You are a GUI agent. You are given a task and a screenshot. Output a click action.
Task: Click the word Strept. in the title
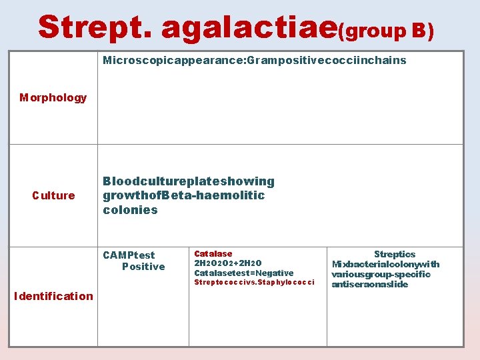(95, 27)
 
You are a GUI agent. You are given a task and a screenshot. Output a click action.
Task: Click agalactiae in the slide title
(249, 29)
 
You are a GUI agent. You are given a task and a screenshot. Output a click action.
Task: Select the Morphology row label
(53, 98)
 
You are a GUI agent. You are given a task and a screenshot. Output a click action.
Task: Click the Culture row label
(53, 195)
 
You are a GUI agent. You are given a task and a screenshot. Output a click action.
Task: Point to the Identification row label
(53, 296)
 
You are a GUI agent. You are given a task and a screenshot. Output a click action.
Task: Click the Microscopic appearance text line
(254, 61)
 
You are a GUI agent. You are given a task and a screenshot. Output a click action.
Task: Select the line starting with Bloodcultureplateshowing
(189, 181)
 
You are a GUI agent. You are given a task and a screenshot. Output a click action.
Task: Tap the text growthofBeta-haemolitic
(184, 195)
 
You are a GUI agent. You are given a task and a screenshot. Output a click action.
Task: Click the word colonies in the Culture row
(130, 210)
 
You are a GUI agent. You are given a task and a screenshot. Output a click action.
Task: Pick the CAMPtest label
(129, 255)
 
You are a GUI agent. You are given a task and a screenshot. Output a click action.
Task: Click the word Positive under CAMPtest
(143, 267)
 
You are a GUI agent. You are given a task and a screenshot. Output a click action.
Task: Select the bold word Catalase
(213, 253)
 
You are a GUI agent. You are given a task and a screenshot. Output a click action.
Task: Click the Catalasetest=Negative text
(243, 273)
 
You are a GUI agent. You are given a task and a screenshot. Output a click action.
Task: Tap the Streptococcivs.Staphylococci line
(254, 283)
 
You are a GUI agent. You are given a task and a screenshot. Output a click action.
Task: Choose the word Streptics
(395, 254)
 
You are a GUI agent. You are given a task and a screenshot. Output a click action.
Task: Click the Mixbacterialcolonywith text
(385, 264)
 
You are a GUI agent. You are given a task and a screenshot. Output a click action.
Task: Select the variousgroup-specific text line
(381, 274)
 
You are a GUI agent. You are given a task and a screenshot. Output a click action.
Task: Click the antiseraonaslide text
(369, 284)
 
